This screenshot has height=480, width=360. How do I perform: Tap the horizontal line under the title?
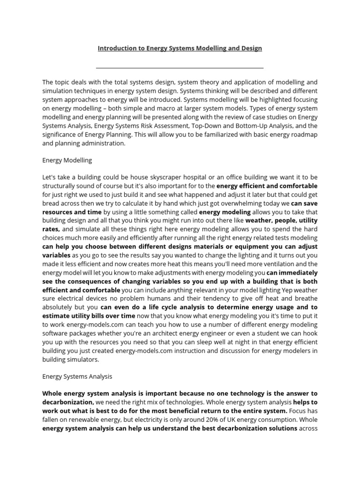tap(180, 68)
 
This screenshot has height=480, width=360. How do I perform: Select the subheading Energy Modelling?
tap(67, 160)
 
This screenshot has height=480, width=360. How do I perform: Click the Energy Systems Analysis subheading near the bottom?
tap(77, 376)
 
